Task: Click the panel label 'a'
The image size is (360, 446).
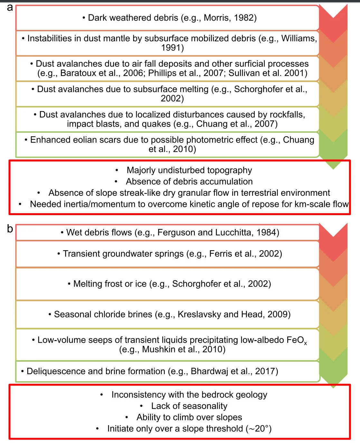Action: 10,7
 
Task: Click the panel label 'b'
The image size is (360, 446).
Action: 10,229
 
